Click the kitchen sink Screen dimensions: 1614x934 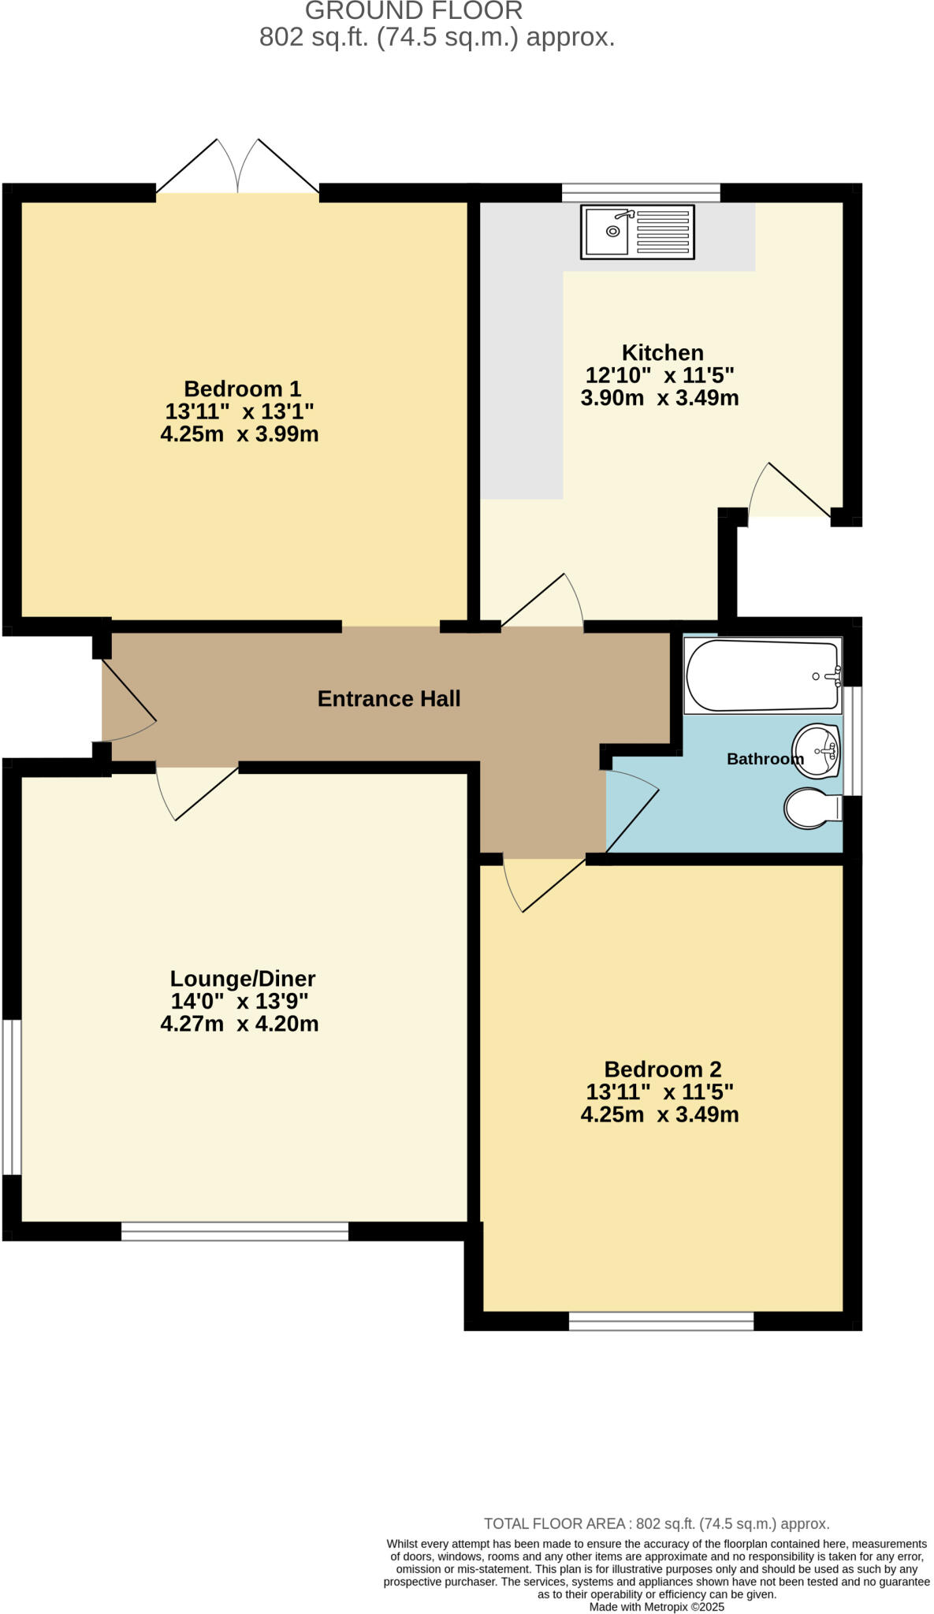click(637, 232)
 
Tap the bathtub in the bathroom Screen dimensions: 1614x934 click(761, 675)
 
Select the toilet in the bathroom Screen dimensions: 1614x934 click(813, 808)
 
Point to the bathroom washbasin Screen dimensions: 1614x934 click(817, 751)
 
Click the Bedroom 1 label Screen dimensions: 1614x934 click(242, 389)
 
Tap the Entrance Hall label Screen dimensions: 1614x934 click(389, 699)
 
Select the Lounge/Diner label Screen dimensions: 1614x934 click(243, 979)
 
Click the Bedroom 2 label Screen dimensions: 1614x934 click(662, 1069)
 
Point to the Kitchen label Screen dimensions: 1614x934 click(662, 352)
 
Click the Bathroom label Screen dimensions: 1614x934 click(765, 759)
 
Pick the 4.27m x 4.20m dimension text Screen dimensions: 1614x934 click(240, 1024)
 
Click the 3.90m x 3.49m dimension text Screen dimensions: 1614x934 click(660, 398)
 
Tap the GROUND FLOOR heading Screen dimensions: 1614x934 click(414, 11)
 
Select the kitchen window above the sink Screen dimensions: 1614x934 click(641, 192)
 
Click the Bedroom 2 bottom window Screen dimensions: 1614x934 click(661, 1321)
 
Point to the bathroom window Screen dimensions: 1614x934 click(852, 741)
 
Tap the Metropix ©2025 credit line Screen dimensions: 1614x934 click(657, 1607)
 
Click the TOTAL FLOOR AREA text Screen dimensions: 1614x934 click(656, 1524)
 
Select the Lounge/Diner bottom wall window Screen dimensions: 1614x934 click(235, 1231)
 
